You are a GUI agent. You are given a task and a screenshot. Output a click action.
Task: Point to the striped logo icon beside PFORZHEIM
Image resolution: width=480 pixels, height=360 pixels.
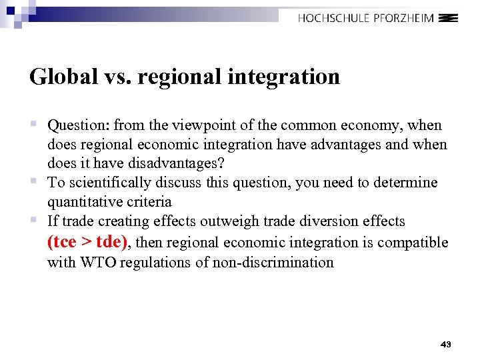click(x=450, y=19)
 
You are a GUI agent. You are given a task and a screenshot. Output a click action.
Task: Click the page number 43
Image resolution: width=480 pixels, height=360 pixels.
click(x=446, y=344)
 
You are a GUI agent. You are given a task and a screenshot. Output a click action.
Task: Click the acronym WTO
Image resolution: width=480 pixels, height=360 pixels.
click(x=98, y=262)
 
